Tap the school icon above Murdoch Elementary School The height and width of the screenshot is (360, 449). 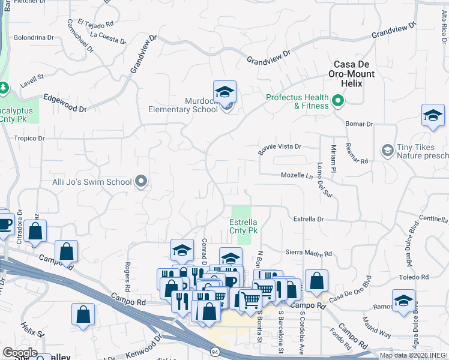[224, 92]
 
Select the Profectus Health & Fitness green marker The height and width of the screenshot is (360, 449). [337, 101]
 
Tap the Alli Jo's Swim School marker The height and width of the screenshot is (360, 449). [141, 181]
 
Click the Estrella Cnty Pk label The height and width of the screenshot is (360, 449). [244, 226]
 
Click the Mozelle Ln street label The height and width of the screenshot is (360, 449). [298, 175]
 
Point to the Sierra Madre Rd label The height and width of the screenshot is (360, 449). [309, 253]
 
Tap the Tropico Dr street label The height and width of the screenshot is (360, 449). [29, 139]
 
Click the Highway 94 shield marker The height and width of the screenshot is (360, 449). [214, 350]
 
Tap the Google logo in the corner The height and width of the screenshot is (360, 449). [20, 353]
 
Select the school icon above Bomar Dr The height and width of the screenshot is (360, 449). [433, 116]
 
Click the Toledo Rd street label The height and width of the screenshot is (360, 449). [416, 277]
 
